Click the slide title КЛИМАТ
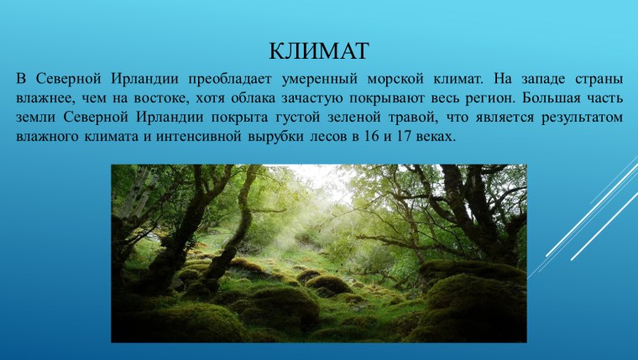click(x=318, y=51)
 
